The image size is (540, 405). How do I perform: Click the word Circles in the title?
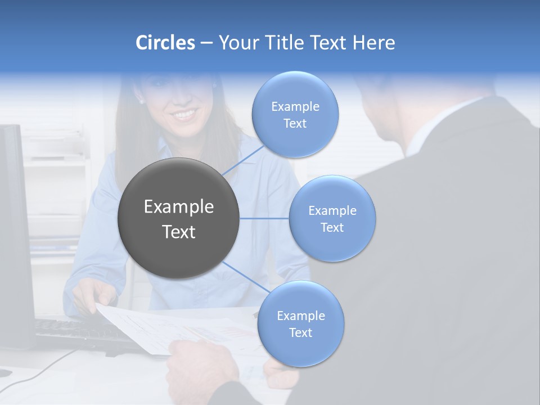click(165, 43)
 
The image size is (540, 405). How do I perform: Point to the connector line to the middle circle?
click(264, 218)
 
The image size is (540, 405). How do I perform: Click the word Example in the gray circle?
click(179, 207)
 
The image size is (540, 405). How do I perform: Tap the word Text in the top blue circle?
click(295, 124)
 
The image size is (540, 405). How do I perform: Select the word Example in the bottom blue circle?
click(300, 316)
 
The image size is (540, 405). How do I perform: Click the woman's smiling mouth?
click(184, 115)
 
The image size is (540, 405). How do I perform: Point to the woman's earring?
click(141, 102)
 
